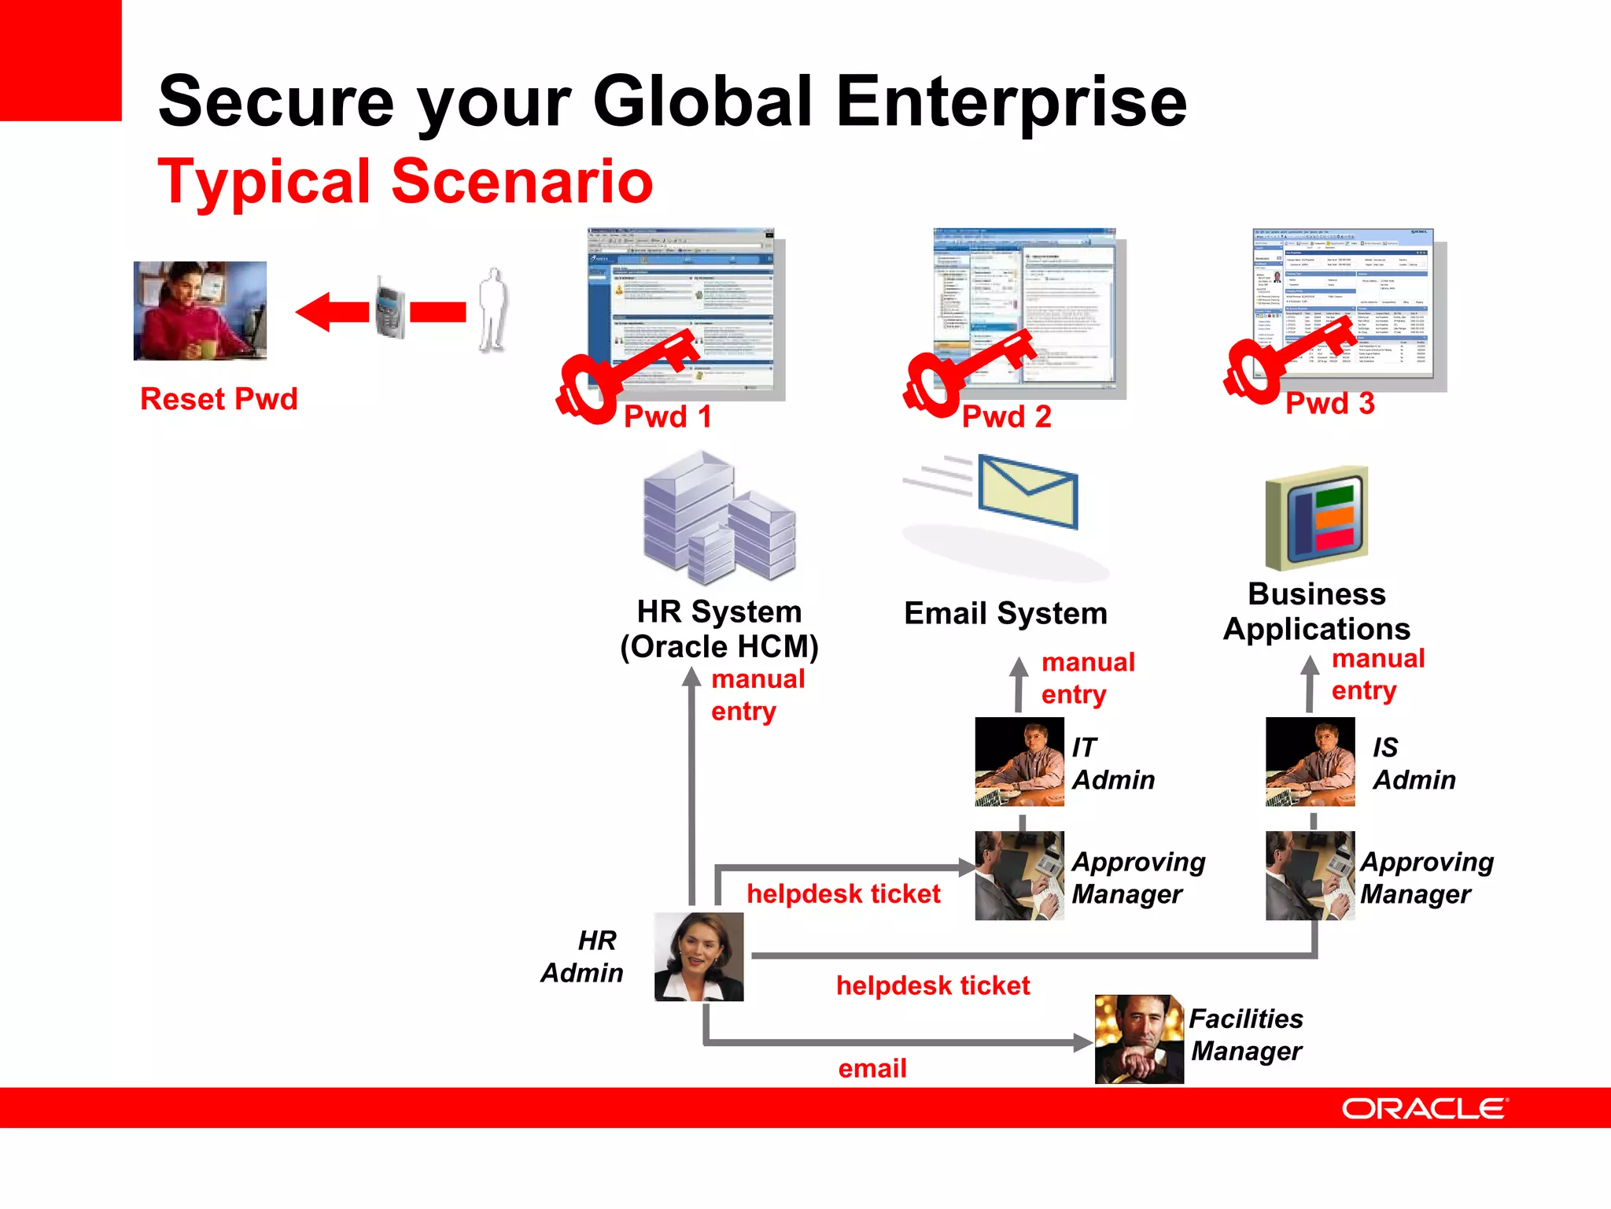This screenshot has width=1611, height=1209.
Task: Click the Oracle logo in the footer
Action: [x=1424, y=1108]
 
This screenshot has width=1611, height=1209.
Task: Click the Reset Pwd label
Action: [x=219, y=399]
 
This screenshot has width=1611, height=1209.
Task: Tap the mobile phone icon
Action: [x=390, y=309]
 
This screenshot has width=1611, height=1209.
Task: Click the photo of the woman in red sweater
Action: [x=200, y=311]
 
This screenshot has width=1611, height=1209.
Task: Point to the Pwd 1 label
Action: [x=667, y=416]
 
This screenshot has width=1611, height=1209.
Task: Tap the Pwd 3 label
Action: [x=1329, y=404]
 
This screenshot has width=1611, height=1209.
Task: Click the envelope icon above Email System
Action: [x=1027, y=492]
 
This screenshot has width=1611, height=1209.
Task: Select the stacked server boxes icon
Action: [x=717, y=519]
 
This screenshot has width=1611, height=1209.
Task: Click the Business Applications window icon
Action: [x=1317, y=518]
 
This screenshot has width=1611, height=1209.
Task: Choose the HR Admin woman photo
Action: [x=699, y=956]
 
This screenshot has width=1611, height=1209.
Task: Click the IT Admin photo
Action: [x=1019, y=761]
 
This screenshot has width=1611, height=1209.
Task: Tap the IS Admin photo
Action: [x=1310, y=761]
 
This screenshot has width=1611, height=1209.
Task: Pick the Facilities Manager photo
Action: [x=1139, y=1039]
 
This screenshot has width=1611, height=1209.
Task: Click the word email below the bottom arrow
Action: [x=872, y=1068]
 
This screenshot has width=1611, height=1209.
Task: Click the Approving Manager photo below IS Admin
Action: [x=1310, y=875]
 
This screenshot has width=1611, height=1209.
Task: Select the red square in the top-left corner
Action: [x=61, y=60]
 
